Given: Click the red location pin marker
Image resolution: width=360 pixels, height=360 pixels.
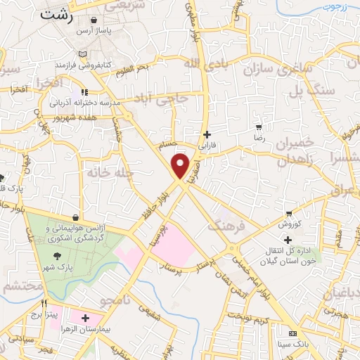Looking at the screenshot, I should (x=181, y=166).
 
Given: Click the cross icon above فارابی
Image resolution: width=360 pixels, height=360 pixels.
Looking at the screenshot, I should (x=206, y=134).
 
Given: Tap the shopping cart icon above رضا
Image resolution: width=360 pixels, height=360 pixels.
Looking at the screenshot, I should (x=259, y=127).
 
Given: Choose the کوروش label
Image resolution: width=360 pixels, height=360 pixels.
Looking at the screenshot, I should (x=289, y=224).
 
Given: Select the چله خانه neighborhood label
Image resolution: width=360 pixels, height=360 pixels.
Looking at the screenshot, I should (x=105, y=171).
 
